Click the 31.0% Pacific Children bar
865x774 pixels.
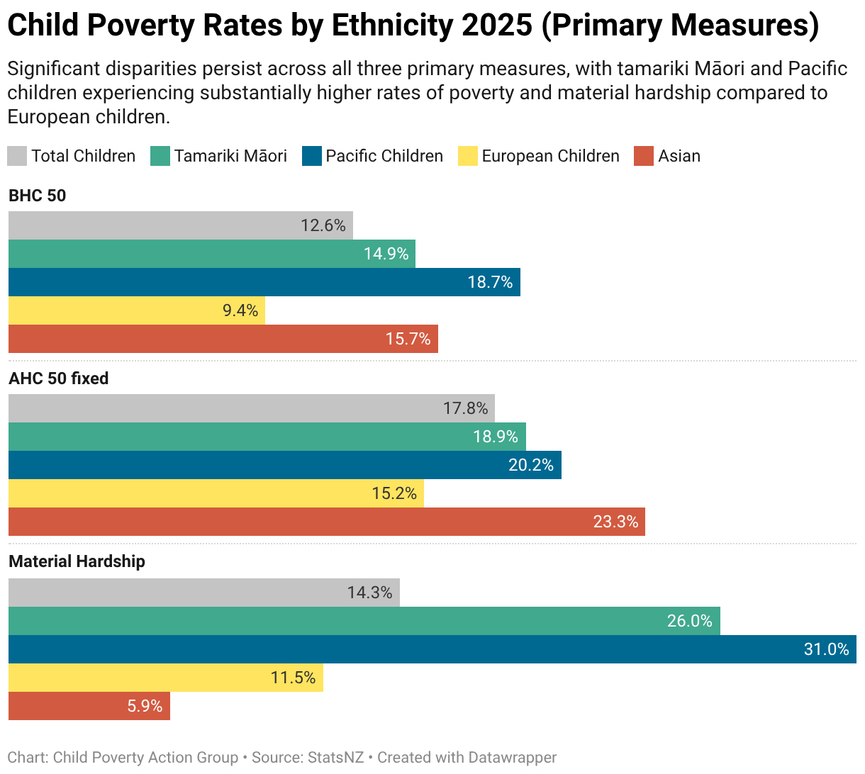pyautogui.click(x=432, y=649)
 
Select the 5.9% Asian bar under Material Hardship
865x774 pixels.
pyautogui.click(x=89, y=706)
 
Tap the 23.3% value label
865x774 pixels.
pyautogui.click(x=615, y=522)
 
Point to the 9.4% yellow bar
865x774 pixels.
pyautogui.click(x=137, y=310)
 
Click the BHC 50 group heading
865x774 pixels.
pyautogui.click(x=37, y=196)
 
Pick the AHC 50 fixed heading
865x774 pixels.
pyautogui.click(x=58, y=378)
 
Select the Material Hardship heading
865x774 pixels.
pyautogui.click(x=77, y=561)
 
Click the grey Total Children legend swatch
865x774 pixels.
pyautogui.click(x=17, y=156)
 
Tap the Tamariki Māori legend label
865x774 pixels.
pyautogui.click(x=230, y=156)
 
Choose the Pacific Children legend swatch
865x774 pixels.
pyautogui.click(x=312, y=156)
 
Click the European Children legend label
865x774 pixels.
pyautogui.click(x=550, y=156)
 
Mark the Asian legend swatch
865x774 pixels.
pyautogui.click(x=644, y=156)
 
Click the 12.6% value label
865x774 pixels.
pyautogui.click(x=323, y=225)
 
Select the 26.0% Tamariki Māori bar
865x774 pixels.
pyautogui.click(x=364, y=621)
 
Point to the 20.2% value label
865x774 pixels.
pyautogui.click(x=531, y=465)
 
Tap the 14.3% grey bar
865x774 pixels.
pyautogui.click(x=204, y=593)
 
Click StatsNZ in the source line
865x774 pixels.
pyautogui.click(x=335, y=758)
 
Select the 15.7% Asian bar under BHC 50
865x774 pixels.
pyautogui.click(x=223, y=339)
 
